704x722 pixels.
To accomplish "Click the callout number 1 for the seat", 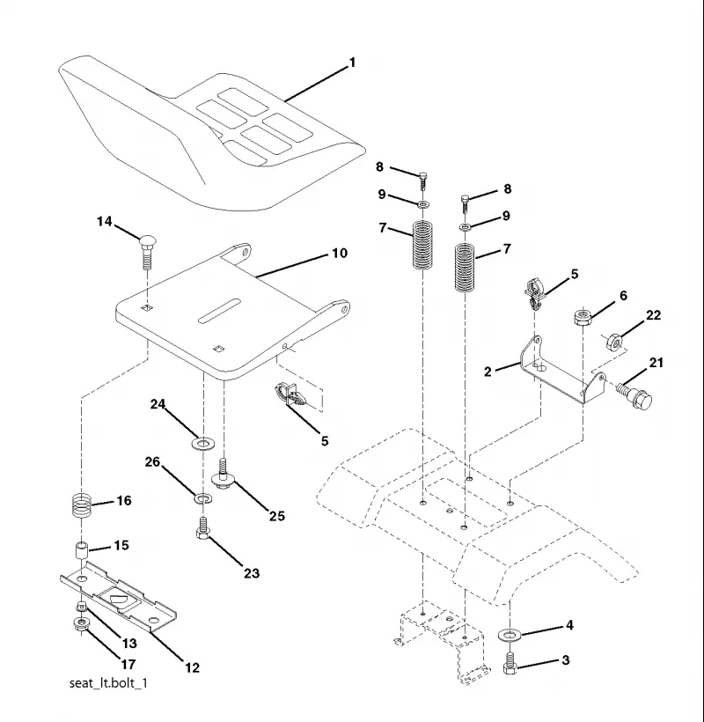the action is coord(353,63).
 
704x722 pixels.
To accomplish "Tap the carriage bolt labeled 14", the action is coord(147,253).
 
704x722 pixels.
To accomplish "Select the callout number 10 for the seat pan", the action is coord(340,254).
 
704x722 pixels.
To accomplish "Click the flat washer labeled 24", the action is coord(202,445).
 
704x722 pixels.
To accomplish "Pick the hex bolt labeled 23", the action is coord(202,528).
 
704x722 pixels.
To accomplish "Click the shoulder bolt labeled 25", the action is coord(224,475).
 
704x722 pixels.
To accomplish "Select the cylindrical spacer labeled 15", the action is coord(82,550).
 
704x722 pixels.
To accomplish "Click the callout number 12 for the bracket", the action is coord(192,667).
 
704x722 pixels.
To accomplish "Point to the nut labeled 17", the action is coord(82,624).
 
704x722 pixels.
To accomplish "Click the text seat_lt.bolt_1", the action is coord(108,682).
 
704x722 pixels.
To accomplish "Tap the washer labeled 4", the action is coord(509,636).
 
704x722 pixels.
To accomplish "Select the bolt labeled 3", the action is coord(510,664).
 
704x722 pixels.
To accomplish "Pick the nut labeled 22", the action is coord(615,342).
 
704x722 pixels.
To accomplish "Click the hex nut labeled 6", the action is coord(583,317).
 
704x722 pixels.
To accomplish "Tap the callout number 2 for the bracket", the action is coord(488,372).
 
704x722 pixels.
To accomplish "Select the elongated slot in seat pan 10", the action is coord(220,311).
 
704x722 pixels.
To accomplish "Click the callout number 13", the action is coord(129,644).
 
